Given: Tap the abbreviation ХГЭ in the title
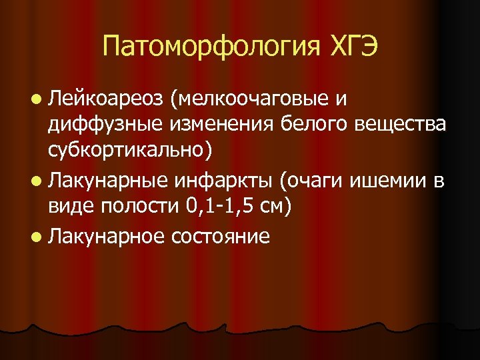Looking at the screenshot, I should (353, 47).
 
